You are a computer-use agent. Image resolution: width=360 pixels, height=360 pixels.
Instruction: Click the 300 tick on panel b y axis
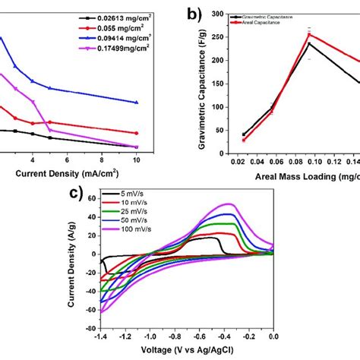[x=226, y=13]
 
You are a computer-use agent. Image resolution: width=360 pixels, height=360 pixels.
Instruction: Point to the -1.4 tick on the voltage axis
[x=99, y=336]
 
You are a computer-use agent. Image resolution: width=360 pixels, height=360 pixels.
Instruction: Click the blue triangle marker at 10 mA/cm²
[x=136, y=103]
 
